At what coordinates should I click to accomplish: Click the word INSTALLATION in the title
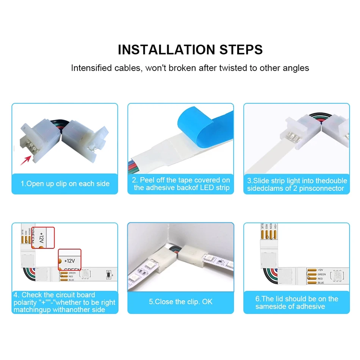[x=166, y=50]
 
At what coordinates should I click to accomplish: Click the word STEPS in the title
[x=241, y=50]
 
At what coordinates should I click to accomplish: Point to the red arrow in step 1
[x=26, y=160]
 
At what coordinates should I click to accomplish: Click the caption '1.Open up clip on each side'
[x=65, y=184]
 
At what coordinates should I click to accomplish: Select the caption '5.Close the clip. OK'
[x=181, y=302]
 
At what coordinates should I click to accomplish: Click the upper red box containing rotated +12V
[x=43, y=238]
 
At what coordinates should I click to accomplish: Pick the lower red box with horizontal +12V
[x=70, y=260]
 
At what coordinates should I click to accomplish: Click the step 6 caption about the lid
[x=297, y=302]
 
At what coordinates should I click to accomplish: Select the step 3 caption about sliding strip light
[x=297, y=185]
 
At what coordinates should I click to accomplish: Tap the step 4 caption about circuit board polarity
[x=64, y=302]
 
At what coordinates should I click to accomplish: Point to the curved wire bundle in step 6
[x=271, y=275]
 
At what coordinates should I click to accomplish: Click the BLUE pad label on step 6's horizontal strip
[x=321, y=283]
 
